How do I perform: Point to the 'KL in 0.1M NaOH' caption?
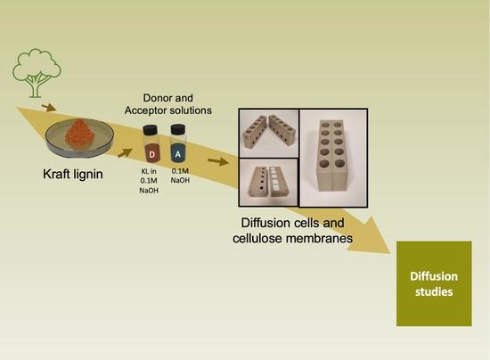[151, 194]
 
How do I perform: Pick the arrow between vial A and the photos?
[213, 162]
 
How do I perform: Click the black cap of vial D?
[151, 129]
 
